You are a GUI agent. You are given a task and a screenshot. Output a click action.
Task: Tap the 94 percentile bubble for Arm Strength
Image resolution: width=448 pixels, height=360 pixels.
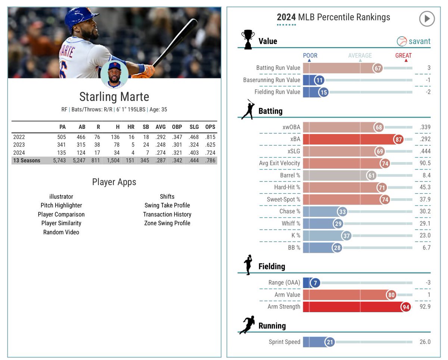coord(406,307)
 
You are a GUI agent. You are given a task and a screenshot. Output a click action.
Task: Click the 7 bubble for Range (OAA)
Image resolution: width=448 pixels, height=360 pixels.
coord(315,283)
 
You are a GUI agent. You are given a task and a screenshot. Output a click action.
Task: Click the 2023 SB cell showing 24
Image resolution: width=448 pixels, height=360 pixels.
coord(146,145)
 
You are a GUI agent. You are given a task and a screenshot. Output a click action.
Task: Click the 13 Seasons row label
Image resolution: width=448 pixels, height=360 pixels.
coord(27,161)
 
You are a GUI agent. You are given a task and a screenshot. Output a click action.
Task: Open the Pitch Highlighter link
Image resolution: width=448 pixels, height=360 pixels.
coord(61,205)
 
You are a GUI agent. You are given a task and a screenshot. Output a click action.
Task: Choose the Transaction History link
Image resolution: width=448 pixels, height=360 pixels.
coord(167,214)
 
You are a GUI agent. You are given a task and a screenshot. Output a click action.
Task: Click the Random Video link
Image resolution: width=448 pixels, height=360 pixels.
coord(61,232)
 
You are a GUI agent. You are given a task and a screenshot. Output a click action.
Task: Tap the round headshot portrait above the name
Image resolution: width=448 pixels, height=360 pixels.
coord(114,74)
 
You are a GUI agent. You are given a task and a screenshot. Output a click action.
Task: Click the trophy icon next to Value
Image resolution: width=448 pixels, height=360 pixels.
coord(247,40)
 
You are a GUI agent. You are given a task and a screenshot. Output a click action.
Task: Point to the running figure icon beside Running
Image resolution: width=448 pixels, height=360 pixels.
coord(247,325)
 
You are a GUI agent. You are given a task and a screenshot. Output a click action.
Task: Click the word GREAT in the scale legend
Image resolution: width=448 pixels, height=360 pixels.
coord(404,56)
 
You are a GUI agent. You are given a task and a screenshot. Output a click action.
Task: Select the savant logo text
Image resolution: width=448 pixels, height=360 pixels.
coord(419,41)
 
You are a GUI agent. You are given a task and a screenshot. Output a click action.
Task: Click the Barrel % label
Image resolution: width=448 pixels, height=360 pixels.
coord(290,175)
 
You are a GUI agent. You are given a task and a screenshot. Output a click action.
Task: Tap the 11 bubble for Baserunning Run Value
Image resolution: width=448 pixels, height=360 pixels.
coord(319,80)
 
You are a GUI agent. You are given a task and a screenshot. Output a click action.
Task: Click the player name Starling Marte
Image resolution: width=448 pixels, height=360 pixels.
coord(114,97)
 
